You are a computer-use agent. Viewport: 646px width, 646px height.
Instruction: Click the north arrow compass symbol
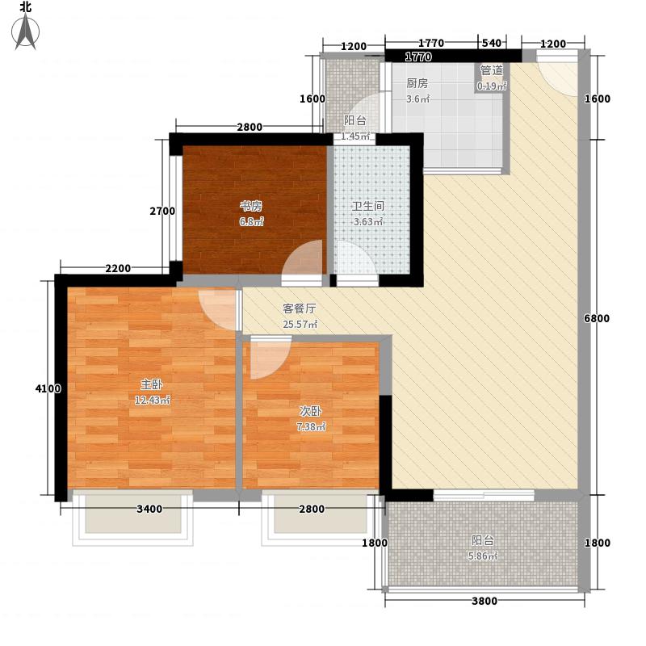tap(25, 31)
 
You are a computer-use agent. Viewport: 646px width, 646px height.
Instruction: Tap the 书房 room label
tap(251, 206)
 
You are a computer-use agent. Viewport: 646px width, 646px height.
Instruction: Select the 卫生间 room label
tap(368, 206)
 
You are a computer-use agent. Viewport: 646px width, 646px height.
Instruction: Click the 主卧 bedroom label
tap(152, 384)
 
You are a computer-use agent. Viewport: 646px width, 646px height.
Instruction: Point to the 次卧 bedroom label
tap(311, 411)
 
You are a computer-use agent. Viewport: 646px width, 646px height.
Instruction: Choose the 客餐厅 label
tap(300, 308)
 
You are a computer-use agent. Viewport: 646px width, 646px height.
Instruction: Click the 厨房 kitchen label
tap(417, 83)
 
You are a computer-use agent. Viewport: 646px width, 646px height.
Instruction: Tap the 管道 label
tap(492, 70)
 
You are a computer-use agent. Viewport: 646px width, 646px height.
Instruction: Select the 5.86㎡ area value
tap(482, 556)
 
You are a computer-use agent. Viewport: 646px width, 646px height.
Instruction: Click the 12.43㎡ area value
tap(152, 400)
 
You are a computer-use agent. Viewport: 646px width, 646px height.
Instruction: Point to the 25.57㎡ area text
tap(300, 325)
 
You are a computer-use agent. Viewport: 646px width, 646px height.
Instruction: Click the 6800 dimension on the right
tap(597, 318)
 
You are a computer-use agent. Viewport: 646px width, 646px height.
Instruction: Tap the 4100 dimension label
tap(48, 388)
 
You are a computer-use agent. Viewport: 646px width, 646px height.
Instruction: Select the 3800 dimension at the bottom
tap(484, 601)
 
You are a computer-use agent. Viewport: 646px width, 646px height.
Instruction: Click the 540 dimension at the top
tap(492, 43)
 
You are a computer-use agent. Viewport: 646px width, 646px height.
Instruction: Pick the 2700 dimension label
tap(162, 211)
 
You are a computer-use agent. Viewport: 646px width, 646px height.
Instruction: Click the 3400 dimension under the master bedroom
tap(149, 509)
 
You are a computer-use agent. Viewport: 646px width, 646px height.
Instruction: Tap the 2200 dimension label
tap(118, 269)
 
